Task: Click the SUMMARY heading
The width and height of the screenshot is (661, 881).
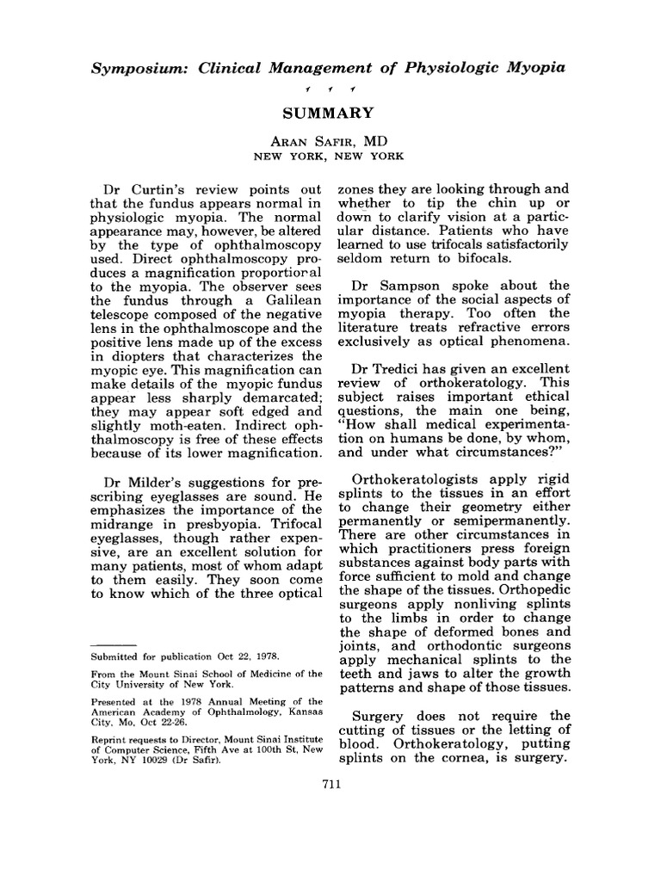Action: [x=330, y=113]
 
